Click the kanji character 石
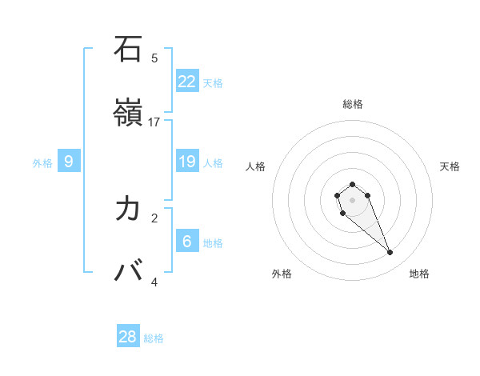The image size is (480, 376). [x=128, y=50]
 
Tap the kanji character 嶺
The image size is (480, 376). [x=128, y=114]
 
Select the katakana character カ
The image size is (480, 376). [x=128, y=209]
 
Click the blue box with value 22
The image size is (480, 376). [x=187, y=82]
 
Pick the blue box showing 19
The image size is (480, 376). [x=187, y=162]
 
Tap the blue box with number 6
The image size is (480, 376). [x=187, y=242]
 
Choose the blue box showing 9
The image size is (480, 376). [x=69, y=162]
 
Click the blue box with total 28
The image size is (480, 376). [x=128, y=337]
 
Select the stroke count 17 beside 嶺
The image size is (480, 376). [x=154, y=122]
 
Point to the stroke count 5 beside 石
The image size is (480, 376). [x=154, y=58]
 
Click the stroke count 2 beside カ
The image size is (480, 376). [x=154, y=218]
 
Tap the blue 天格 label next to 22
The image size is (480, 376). [x=213, y=82]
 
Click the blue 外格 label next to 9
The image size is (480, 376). [x=42, y=162]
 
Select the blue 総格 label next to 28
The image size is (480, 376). [x=154, y=338]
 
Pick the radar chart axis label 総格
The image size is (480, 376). [x=353, y=104]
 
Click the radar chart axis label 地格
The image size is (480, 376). [x=419, y=274]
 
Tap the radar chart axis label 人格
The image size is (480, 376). [x=256, y=166]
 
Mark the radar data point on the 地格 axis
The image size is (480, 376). [x=390, y=253]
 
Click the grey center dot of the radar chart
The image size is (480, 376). [x=353, y=200]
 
